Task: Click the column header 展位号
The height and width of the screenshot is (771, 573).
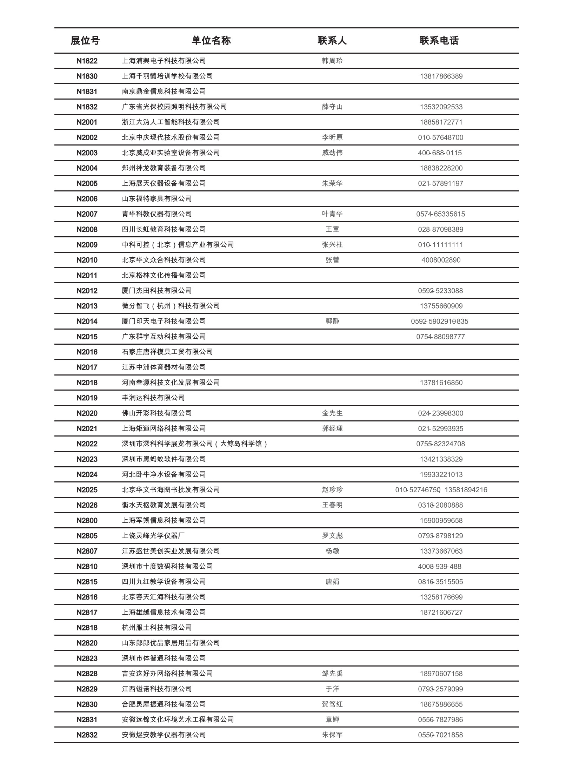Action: coord(85,41)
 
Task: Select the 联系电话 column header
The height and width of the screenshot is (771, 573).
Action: coord(439,41)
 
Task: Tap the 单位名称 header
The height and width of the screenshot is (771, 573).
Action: coord(211,41)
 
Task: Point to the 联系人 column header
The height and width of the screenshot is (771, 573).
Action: coord(332,41)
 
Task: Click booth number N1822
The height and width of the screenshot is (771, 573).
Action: coord(87,61)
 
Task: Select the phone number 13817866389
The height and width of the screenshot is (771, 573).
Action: coord(441,76)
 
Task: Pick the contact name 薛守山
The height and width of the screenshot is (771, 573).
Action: coord(332,107)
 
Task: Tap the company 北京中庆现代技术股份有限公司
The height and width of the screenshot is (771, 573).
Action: coord(171,137)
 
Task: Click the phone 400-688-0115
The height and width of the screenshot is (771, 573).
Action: coord(440,153)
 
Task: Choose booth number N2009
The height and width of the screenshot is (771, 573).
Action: coord(87,245)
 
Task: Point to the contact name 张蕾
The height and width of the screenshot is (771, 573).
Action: coord(332,260)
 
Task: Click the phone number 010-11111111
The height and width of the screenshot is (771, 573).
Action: coord(440,245)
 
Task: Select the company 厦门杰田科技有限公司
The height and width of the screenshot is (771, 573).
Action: coord(157,291)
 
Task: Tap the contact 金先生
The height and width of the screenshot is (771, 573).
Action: coord(332,413)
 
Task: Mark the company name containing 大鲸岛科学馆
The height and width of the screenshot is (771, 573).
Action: coord(195,444)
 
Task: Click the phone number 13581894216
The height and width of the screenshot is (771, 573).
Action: coord(466,490)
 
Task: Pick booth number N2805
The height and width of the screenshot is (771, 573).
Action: coord(87,536)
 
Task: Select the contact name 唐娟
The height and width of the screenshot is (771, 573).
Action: coord(332,582)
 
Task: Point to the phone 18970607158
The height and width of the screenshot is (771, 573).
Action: coord(441,674)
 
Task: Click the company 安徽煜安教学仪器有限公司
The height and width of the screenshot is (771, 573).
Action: coord(164,735)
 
